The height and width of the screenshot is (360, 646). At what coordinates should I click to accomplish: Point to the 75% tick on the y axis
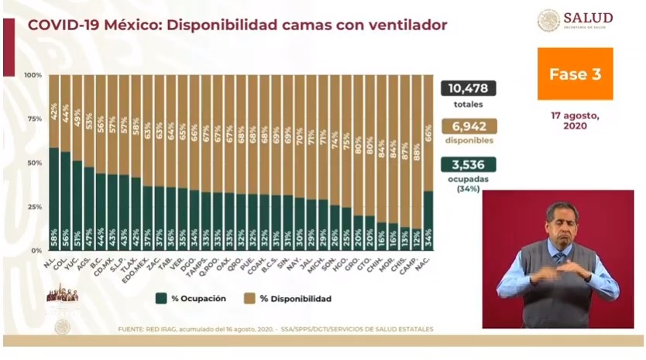point(33,119)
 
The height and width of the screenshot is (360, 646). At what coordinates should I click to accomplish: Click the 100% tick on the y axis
point(33,75)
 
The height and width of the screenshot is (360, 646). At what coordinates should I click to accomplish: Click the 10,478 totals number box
point(469,88)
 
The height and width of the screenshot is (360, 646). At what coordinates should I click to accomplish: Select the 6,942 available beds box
point(469,126)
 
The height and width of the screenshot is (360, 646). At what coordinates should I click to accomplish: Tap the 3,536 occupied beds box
point(469,164)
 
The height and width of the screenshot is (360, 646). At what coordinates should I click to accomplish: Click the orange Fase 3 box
point(575,74)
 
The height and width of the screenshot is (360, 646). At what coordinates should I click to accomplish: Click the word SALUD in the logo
point(588,18)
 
